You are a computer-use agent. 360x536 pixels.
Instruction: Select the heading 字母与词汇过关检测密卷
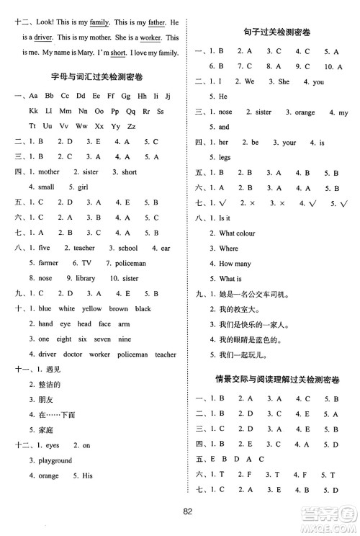point(94,78)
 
